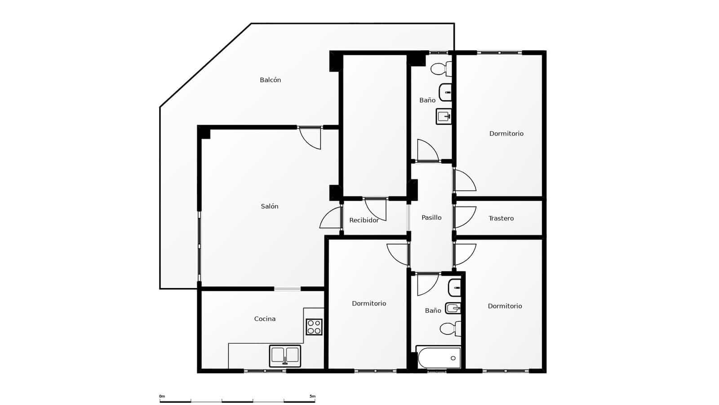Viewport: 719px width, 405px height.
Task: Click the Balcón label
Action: [x=270, y=80]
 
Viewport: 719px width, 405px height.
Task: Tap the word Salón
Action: [x=270, y=207]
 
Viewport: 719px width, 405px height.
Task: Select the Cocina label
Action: [x=265, y=319]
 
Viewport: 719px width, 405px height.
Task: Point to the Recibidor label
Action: [x=364, y=220]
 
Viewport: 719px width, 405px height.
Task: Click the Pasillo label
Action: [x=431, y=218]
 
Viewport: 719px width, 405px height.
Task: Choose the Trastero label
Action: [x=501, y=218]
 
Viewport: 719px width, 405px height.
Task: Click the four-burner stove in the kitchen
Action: [x=314, y=327]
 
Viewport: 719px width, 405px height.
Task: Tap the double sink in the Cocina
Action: [x=285, y=355]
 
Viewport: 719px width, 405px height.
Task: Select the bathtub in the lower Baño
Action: [x=439, y=358]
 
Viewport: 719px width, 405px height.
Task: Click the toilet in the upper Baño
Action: [x=441, y=69]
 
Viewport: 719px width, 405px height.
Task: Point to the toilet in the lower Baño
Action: [x=450, y=328]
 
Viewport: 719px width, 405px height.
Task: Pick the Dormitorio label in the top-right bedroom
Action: [x=506, y=134]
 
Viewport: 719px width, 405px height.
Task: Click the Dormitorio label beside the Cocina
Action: [x=369, y=304]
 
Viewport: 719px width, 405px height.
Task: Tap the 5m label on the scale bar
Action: [x=312, y=396]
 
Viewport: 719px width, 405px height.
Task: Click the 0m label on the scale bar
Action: [x=162, y=396]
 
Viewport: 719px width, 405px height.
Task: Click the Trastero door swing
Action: [x=465, y=217]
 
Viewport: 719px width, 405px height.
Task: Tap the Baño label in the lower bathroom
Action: [x=433, y=311]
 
